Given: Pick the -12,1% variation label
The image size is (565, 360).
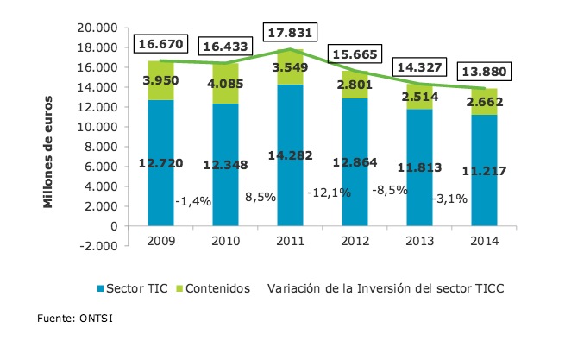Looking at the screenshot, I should click(x=328, y=193).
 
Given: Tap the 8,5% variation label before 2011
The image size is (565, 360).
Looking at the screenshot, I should click(x=261, y=197).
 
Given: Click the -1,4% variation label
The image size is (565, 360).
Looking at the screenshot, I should click(x=195, y=201).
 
